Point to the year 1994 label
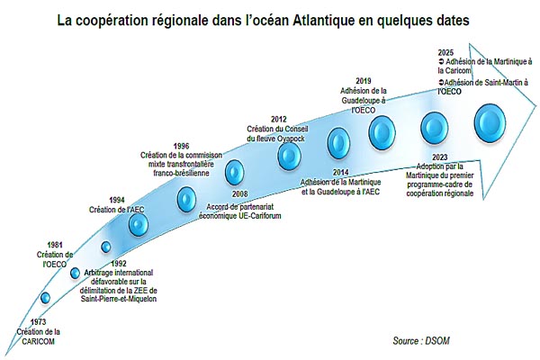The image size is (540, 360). click(117, 201)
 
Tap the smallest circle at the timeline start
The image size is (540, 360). click(45, 298)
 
